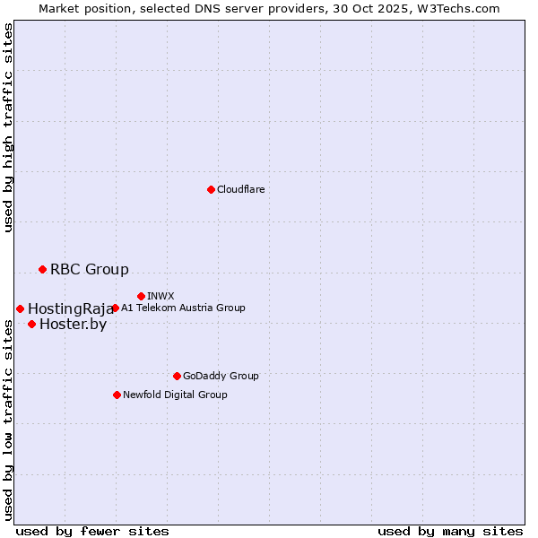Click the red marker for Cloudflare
(211, 189)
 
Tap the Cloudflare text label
(241, 189)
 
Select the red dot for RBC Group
(42, 269)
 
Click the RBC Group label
(90, 269)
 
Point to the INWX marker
(141, 296)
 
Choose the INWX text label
(161, 296)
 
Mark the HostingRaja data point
(20, 308)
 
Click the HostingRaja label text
(71, 308)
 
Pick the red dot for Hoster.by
(31, 324)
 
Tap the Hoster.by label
(73, 324)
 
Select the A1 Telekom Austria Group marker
(115, 308)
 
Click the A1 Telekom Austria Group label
(183, 308)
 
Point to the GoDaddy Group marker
(177, 376)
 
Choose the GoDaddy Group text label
(221, 376)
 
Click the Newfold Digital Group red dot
(117, 395)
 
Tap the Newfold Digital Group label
(175, 395)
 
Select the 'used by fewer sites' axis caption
(92, 531)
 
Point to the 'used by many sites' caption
(450, 531)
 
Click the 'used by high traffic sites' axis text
(8, 127)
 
